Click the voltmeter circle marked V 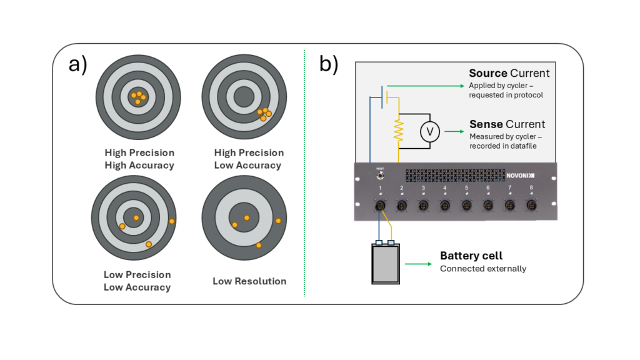click(x=429, y=132)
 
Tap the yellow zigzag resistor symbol click(x=398, y=131)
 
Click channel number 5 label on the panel click(x=466, y=187)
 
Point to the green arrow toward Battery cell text click(x=419, y=264)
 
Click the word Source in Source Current click(x=488, y=74)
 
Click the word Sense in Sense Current click(x=486, y=124)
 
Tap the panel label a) click(x=78, y=64)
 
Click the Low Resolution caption click(x=249, y=281)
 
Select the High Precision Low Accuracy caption click(x=249, y=159)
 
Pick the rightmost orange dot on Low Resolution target click(x=279, y=221)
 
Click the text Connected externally click(x=483, y=269)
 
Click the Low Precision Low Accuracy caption click(x=137, y=281)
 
